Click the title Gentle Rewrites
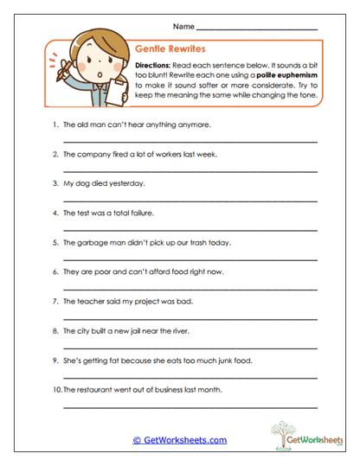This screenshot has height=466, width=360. [170, 51]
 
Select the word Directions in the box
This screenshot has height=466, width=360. [155, 65]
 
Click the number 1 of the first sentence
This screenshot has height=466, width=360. [54, 124]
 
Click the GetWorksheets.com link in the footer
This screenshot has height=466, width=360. [179, 440]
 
